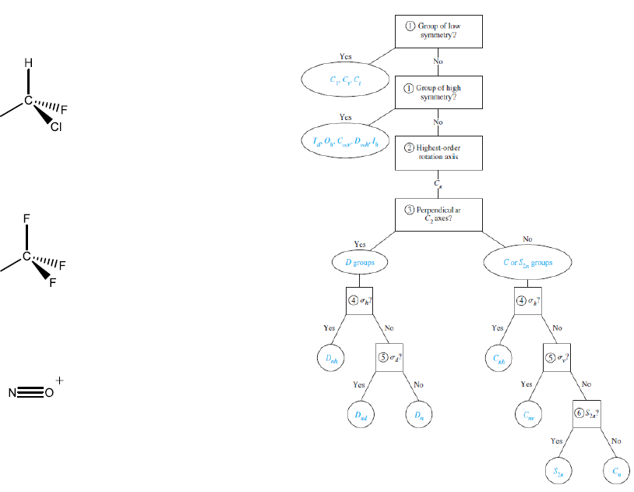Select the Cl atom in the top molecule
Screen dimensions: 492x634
coord(56,128)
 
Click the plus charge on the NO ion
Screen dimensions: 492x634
coord(60,382)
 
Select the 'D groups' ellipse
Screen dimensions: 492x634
coord(359,264)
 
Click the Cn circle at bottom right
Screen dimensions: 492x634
coord(617,470)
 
